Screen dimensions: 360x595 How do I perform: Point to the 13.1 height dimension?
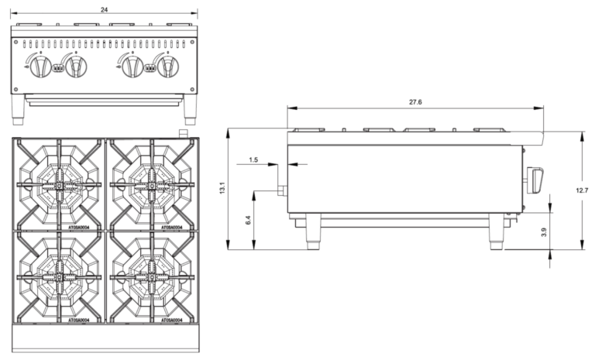pyautogui.click(x=222, y=187)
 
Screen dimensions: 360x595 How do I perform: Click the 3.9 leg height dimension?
pyautogui.click(x=544, y=231)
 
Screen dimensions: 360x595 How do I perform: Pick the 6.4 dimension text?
pyautogui.click(x=248, y=220)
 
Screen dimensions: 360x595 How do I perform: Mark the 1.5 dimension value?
pyautogui.click(x=253, y=159)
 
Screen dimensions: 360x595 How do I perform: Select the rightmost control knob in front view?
pyautogui.click(x=167, y=67)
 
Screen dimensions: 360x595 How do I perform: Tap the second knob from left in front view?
pyautogui.click(x=76, y=67)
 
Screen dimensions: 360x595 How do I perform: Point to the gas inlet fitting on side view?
pyautogui.click(x=281, y=189)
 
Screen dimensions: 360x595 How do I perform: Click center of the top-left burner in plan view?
pyautogui.click(x=59, y=184)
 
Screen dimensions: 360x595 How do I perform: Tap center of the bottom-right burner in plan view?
pyautogui.click(x=152, y=276)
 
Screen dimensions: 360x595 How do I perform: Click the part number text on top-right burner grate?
pyautogui.click(x=171, y=228)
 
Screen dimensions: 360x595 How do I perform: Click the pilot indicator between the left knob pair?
pyautogui.click(x=59, y=68)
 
